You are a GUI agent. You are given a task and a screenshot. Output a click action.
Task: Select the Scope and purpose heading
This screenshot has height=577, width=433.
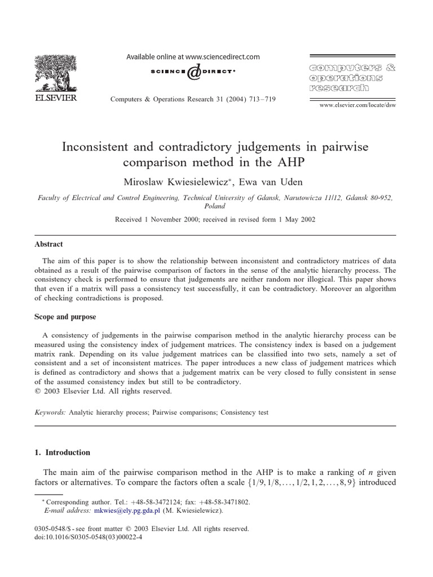[64, 317]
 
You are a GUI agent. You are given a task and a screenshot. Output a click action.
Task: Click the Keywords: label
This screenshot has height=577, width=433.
[50, 412]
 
